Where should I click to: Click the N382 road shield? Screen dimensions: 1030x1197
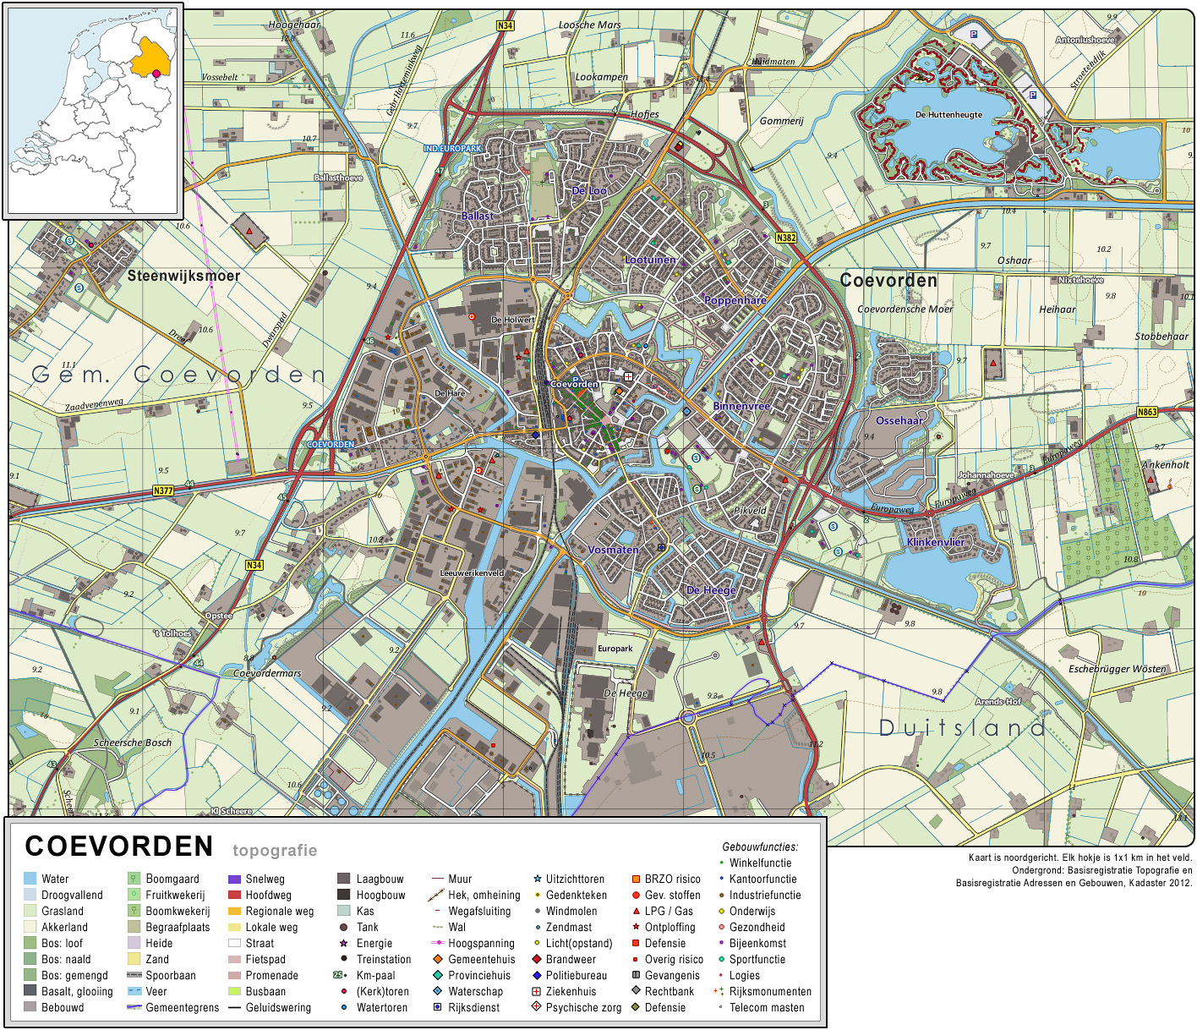tap(785, 238)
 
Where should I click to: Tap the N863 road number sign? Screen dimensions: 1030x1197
tap(1147, 412)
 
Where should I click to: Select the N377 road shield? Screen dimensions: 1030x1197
tap(163, 490)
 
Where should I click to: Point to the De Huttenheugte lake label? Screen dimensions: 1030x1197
tap(948, 115)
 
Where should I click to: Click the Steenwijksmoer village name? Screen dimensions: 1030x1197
tap(183, 276)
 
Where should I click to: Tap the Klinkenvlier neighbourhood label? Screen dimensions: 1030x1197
tap(935, 542)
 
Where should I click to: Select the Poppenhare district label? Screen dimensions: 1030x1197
tap(735, 300)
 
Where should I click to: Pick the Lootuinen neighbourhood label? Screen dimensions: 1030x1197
tap(650, 260)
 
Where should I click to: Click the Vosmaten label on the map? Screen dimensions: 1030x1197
tap(613, 550)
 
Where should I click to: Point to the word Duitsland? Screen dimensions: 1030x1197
tap(962, 727)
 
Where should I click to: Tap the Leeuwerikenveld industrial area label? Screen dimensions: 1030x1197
tap(472, 573)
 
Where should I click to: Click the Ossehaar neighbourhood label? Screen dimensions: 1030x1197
tap(899, 420)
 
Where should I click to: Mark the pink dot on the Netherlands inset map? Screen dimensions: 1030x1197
tap(156, 74)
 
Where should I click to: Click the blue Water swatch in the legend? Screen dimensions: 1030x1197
tap(30, 879)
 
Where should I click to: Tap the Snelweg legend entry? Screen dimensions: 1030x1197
tap(265, 879)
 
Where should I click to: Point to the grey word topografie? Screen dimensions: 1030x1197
tap(275, 851)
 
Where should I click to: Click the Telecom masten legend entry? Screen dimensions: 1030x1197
tap(766, 1007)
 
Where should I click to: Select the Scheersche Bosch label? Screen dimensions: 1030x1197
tap(133, 742)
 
